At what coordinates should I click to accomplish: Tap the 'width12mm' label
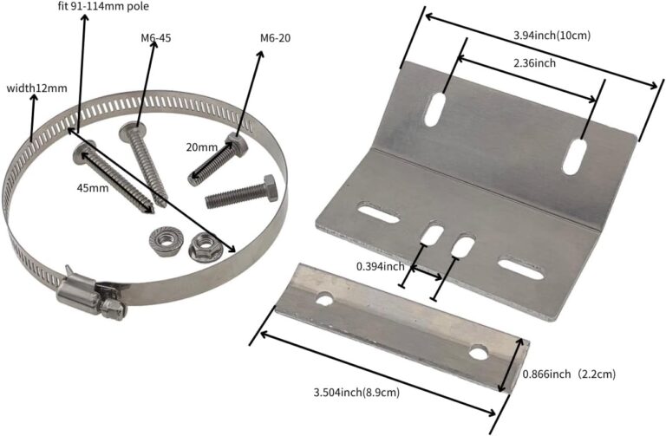(x=36, y=88)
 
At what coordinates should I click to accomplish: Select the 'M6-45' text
(x=156, y=38)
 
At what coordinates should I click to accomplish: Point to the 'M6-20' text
(x=276, y=38)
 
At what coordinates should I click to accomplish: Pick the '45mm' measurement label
(x=92, y=187)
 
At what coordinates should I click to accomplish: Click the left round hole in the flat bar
(x=326, y=300)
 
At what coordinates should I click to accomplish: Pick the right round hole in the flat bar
(x=479, y=351)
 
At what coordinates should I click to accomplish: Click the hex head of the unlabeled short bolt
(x=264, y=187)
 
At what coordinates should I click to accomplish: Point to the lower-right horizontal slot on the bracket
(x=520, y=271)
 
